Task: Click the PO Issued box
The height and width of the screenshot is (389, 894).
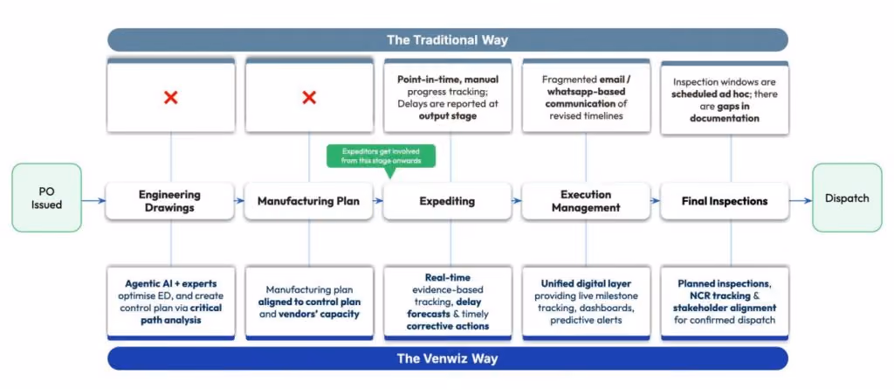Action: [x=47, y=198]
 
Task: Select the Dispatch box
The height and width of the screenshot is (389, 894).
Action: [x=847, y=198]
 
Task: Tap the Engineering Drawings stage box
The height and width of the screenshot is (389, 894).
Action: [x=170, y=201]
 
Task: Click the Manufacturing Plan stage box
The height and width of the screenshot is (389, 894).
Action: [x=308, y=201]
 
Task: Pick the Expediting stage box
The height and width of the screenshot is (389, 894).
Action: [x=447, y=201]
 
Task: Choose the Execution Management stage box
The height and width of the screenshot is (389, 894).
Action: [x=586, y=201]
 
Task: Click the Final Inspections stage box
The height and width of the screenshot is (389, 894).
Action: [x=725, y=201]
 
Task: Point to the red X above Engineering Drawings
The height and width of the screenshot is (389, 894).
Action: [x=170, y=98]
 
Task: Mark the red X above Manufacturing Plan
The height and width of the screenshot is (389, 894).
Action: [x=309, y=98]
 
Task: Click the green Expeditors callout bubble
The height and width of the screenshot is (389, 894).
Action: [x=381, y=156]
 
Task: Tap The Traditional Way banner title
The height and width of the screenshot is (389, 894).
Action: [x=447, y=40]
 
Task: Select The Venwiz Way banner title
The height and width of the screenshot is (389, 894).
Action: [x=447, y=358]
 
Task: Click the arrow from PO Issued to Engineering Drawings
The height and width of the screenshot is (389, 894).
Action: [x=93, y=200]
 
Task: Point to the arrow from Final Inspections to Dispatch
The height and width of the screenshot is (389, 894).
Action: [x=801, y=200]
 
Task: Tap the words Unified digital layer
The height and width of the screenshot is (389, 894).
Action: [x=586, y=283]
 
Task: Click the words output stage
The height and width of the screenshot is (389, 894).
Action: [x=447, y=116]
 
